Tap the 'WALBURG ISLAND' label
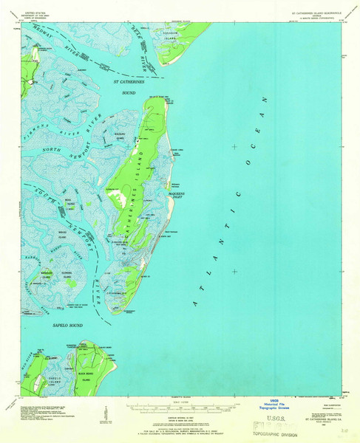(118, 136)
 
